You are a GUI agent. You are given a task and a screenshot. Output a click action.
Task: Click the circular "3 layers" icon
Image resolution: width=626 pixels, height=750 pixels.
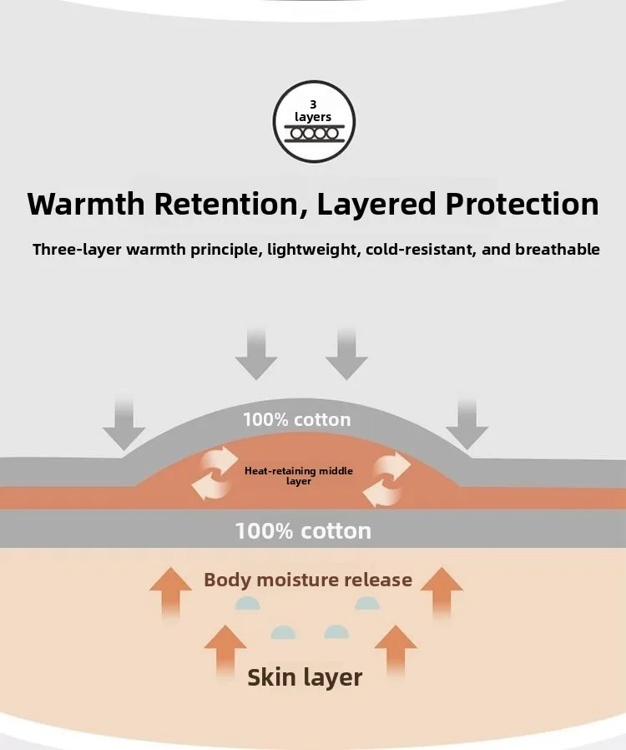(314, 122)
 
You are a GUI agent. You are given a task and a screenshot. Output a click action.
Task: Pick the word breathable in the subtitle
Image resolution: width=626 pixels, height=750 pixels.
(558, 250)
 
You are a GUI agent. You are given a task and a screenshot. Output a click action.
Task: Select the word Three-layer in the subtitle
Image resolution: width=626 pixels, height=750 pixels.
(73, 250)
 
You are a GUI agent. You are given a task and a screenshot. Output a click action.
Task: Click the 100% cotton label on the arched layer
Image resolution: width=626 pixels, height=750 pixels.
(297, 419)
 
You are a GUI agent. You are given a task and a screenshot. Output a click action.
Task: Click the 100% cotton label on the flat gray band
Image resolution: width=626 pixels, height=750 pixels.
(303, 530)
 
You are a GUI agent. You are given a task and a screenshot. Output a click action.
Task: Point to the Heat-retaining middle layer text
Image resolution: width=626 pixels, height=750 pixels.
(299, 476)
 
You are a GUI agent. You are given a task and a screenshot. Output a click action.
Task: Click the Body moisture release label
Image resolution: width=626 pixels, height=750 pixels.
(308, 580)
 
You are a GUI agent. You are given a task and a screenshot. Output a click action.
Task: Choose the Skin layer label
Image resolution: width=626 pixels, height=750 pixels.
(305, 677)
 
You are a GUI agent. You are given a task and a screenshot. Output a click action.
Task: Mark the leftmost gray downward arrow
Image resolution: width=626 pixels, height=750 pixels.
(124, 424)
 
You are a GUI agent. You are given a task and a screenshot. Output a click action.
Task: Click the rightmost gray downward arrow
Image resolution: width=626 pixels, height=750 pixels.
(467, 424)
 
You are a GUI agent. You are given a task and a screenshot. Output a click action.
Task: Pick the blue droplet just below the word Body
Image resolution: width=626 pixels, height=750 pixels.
(245, 604)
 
